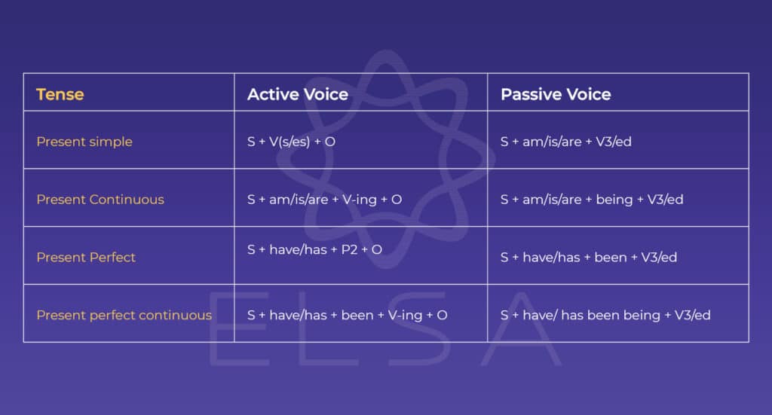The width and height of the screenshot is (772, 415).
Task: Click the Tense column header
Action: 60,94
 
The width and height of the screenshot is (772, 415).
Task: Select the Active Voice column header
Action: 297,94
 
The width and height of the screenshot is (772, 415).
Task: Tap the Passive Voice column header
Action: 556,94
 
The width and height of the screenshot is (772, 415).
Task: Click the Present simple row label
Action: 84,142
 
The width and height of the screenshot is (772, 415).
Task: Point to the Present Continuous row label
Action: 100,199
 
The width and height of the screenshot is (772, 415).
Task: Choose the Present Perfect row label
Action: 86,257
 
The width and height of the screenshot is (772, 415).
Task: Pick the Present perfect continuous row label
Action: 124,315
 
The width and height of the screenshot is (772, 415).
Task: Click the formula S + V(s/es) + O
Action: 291,142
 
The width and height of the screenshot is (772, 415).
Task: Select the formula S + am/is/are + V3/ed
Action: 565,142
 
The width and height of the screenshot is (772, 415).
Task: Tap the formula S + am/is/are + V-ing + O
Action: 324,199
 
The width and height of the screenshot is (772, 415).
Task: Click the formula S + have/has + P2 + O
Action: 314,249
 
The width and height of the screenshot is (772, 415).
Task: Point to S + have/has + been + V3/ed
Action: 588,257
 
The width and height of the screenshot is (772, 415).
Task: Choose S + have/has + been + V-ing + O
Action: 347,315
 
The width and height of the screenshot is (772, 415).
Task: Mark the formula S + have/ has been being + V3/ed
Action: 605,315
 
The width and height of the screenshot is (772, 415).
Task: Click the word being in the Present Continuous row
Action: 614,200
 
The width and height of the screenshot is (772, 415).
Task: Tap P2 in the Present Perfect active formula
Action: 349,249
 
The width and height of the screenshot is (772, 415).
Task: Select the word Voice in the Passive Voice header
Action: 588,94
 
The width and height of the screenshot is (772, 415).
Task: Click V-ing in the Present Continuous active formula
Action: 360,200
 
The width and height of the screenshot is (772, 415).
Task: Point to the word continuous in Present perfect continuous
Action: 175,315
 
